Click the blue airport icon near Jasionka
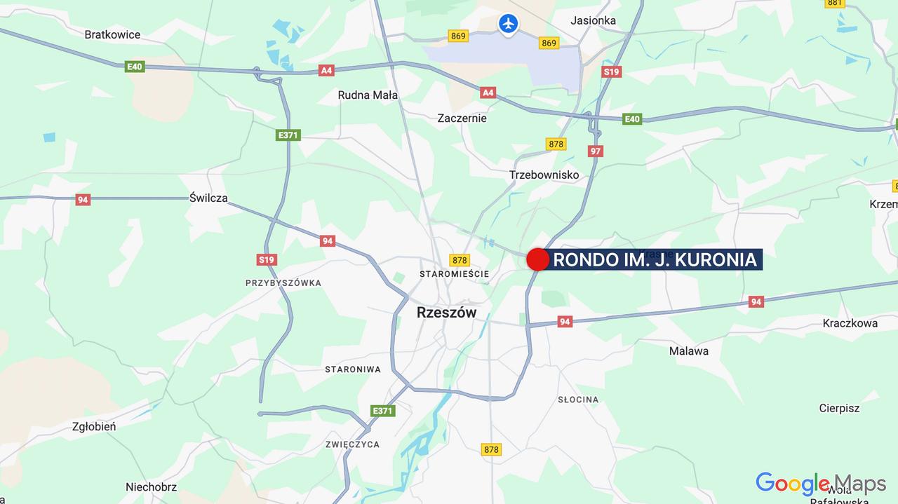[508, 23]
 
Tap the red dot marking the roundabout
[537, 259]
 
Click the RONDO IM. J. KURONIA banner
[655, 260]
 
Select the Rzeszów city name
[446, 313]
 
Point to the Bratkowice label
[112, 34]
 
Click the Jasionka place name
[594, 20]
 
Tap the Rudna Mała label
[368, 95]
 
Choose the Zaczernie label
[462, 118]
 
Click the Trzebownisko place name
[544, 175]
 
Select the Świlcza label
[208, 198]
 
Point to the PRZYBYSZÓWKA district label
[283, 283]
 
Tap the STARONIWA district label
[353, 369]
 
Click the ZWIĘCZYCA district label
[353, 444]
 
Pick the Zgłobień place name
[94, 426]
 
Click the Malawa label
[688, 350]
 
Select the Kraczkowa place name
[850, 323]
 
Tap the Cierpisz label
[839, 408]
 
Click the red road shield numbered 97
[596, 151]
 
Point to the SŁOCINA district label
[578, 400]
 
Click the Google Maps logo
[821, 484]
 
